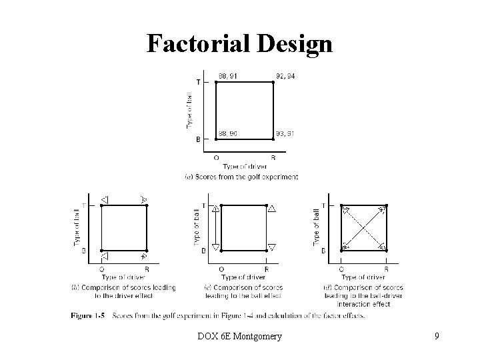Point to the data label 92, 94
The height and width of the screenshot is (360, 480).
(x=285, y=76)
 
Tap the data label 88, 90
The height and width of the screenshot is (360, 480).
(x=228, y=134)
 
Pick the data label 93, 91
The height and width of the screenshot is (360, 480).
(x=285, y=134)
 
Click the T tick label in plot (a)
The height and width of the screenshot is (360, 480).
(x=198, y=82)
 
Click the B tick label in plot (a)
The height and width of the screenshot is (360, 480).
(x=198, y=139)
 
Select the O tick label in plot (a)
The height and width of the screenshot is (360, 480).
(x=216, y=158)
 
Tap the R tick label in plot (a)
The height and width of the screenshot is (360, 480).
(x=273, y=158)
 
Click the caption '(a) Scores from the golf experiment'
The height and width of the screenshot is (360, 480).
(x=241, y=177)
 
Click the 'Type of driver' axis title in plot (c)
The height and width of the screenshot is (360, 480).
(x=243, y=277)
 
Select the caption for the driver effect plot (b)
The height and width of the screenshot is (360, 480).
(x=123, y=291)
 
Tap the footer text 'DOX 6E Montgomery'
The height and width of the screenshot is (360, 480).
(x=240, y=337)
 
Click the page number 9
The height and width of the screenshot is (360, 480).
(x=436, y=337)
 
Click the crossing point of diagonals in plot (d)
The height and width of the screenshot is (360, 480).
(x=364, y=227)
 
